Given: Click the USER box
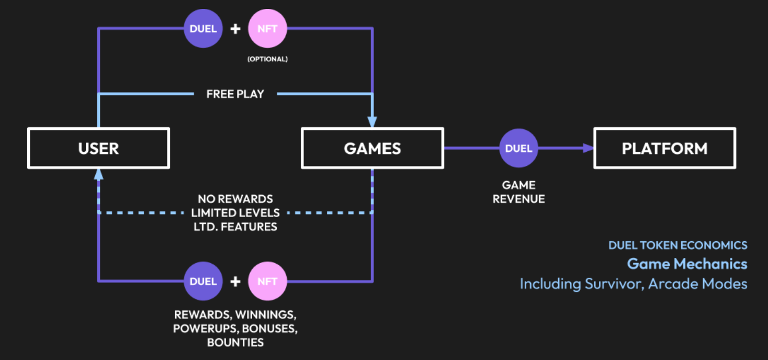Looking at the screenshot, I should click(98, 148).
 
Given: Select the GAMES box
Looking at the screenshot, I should click(372, 148).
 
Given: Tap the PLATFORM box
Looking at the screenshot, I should click(664, 148).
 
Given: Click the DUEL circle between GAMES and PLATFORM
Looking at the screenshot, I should click(518, 148).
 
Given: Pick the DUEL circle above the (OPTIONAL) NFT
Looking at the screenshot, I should click(204, 29).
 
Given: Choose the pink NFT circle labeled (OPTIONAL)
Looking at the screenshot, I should click(267, 29).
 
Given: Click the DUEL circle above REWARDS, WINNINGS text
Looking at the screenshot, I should click(204, 281).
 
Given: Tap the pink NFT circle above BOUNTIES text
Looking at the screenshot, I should click(267, 281).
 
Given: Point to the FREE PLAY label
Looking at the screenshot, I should click(235, 94).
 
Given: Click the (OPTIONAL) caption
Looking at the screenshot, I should click(267, 59).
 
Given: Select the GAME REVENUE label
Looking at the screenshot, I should click(518, 192).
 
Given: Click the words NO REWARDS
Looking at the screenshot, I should click(235, 199).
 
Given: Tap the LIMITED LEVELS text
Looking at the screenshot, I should click(235, 213).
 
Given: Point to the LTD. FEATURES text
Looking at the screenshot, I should click(235, 227).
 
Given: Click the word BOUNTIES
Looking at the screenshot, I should click(235, 343).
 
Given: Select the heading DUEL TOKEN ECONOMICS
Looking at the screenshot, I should click(677, 245).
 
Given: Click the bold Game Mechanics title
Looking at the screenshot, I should click(687, 264).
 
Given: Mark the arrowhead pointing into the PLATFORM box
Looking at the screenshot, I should click(590, 148).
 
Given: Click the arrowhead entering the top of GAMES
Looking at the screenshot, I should click(372, 122).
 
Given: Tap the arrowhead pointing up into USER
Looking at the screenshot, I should click(98, 174).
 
